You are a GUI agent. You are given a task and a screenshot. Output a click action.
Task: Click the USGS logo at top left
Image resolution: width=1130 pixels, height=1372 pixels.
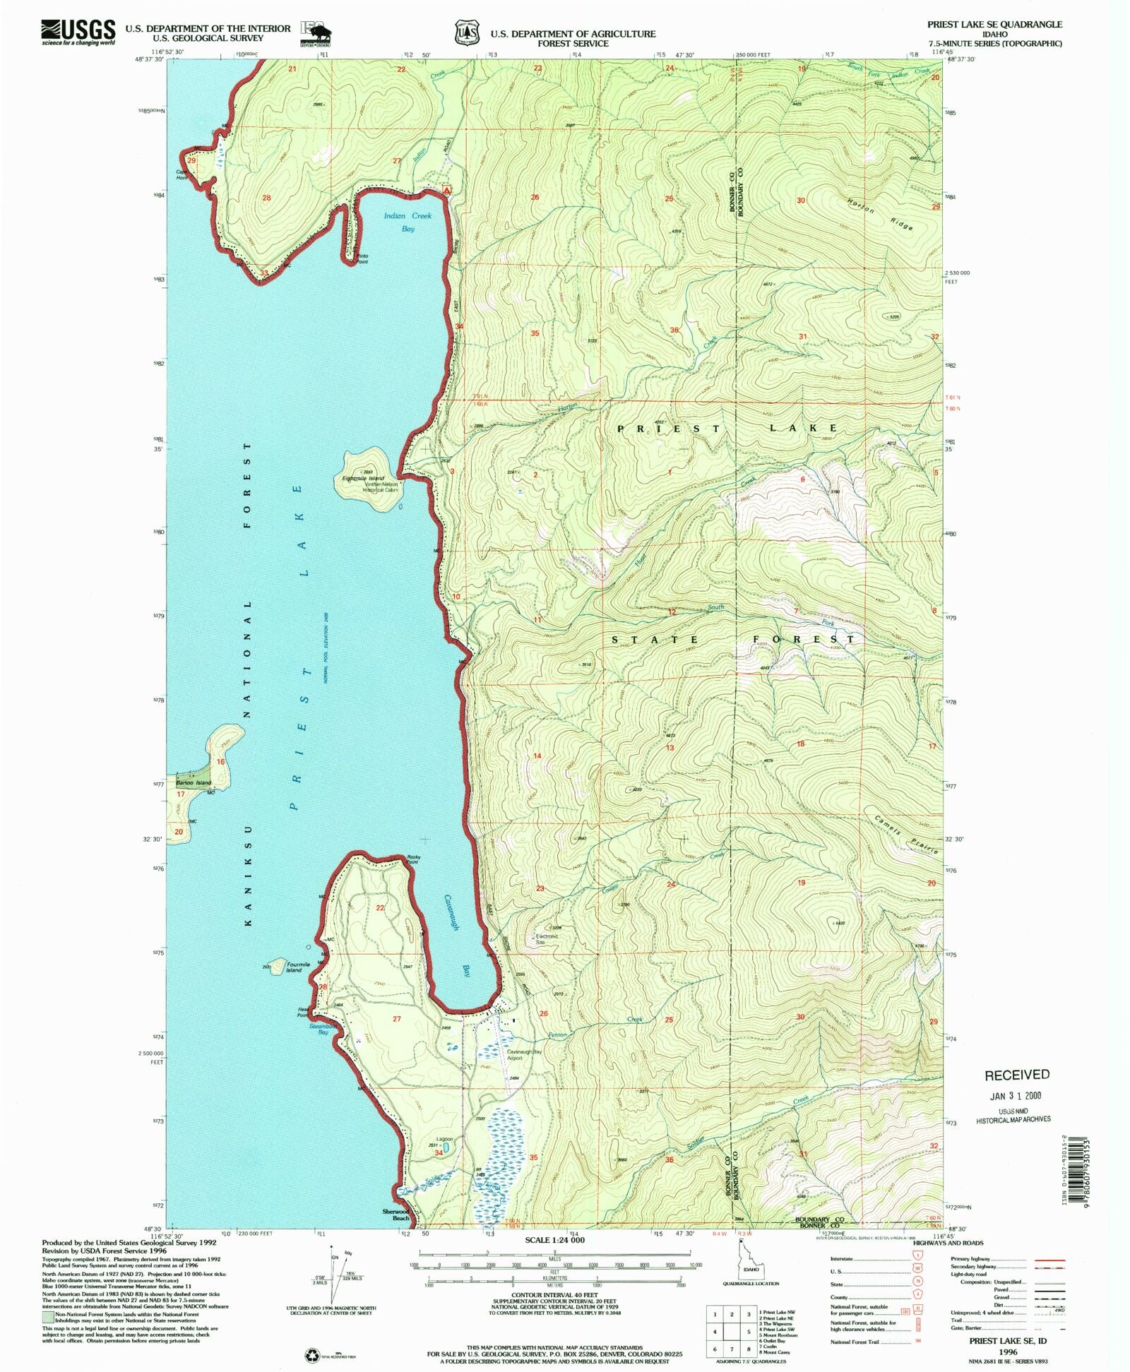pos(78,32)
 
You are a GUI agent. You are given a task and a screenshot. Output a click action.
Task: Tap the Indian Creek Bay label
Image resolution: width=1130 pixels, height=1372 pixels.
pos(408,222)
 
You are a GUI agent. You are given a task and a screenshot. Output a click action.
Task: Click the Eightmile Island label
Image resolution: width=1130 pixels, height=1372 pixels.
pos(364,478)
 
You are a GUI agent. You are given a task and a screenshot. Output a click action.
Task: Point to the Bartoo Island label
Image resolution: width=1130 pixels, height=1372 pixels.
pos(194,783)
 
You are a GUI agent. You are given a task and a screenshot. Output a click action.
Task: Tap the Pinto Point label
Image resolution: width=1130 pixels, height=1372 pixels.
pos(362,259)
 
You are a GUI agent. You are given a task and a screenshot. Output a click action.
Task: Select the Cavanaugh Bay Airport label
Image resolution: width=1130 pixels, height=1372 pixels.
pos(524,1055)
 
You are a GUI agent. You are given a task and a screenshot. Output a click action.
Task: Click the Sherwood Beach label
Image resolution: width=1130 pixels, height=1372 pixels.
pos(396,1215)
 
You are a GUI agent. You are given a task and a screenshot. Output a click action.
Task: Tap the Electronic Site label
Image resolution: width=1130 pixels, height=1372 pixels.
pos(546,939)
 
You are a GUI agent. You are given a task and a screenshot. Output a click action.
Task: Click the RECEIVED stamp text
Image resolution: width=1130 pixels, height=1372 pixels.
pos(1016,1075)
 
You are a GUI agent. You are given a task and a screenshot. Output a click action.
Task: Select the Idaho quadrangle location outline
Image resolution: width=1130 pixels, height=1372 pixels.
pos(741,1267)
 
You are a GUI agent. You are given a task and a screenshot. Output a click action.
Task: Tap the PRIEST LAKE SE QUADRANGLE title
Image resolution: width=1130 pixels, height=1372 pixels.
pos(994,24)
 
